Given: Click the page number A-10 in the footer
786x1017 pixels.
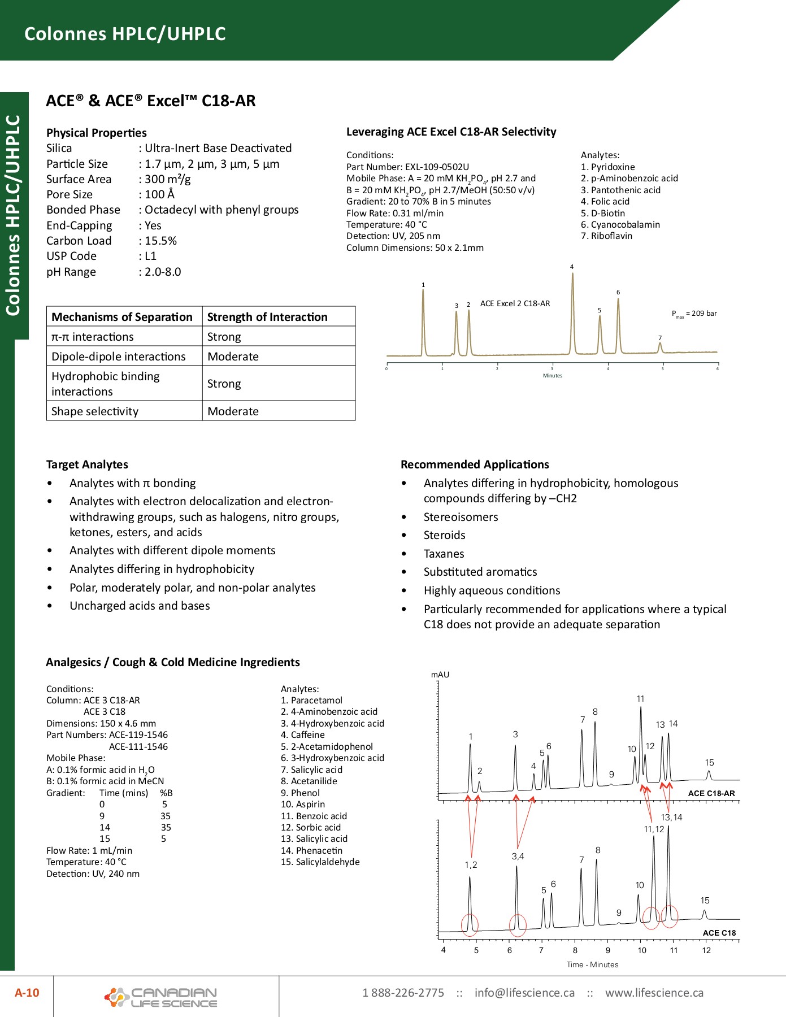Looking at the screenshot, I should [27, 993].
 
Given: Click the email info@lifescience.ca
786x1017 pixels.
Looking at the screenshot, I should [524, 993].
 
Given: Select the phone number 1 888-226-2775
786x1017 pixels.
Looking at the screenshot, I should [403, 993].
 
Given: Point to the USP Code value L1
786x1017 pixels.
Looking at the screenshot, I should [150, 256].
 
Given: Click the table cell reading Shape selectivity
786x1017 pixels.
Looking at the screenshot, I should [95, 411].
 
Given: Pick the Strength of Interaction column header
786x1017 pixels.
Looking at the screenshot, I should [267, 317].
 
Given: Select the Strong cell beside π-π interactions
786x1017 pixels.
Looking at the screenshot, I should [224, 337].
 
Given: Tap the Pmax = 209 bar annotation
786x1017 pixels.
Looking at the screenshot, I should [694, 314].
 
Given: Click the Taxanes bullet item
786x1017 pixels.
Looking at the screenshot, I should [444, 554].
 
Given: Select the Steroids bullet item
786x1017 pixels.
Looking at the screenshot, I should [445, 535].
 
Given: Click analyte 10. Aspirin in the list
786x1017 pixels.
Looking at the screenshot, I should [303, 804].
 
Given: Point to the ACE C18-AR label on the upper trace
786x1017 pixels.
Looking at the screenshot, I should [711, 793].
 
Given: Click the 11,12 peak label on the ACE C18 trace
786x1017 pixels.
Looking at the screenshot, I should [654, 829].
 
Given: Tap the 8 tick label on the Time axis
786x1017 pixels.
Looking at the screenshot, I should [575, 950].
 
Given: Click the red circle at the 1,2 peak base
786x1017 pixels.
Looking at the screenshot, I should [470, 924].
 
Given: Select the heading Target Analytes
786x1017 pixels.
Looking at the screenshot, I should [87, 464].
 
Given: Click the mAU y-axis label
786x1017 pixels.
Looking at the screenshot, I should [440, 675].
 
